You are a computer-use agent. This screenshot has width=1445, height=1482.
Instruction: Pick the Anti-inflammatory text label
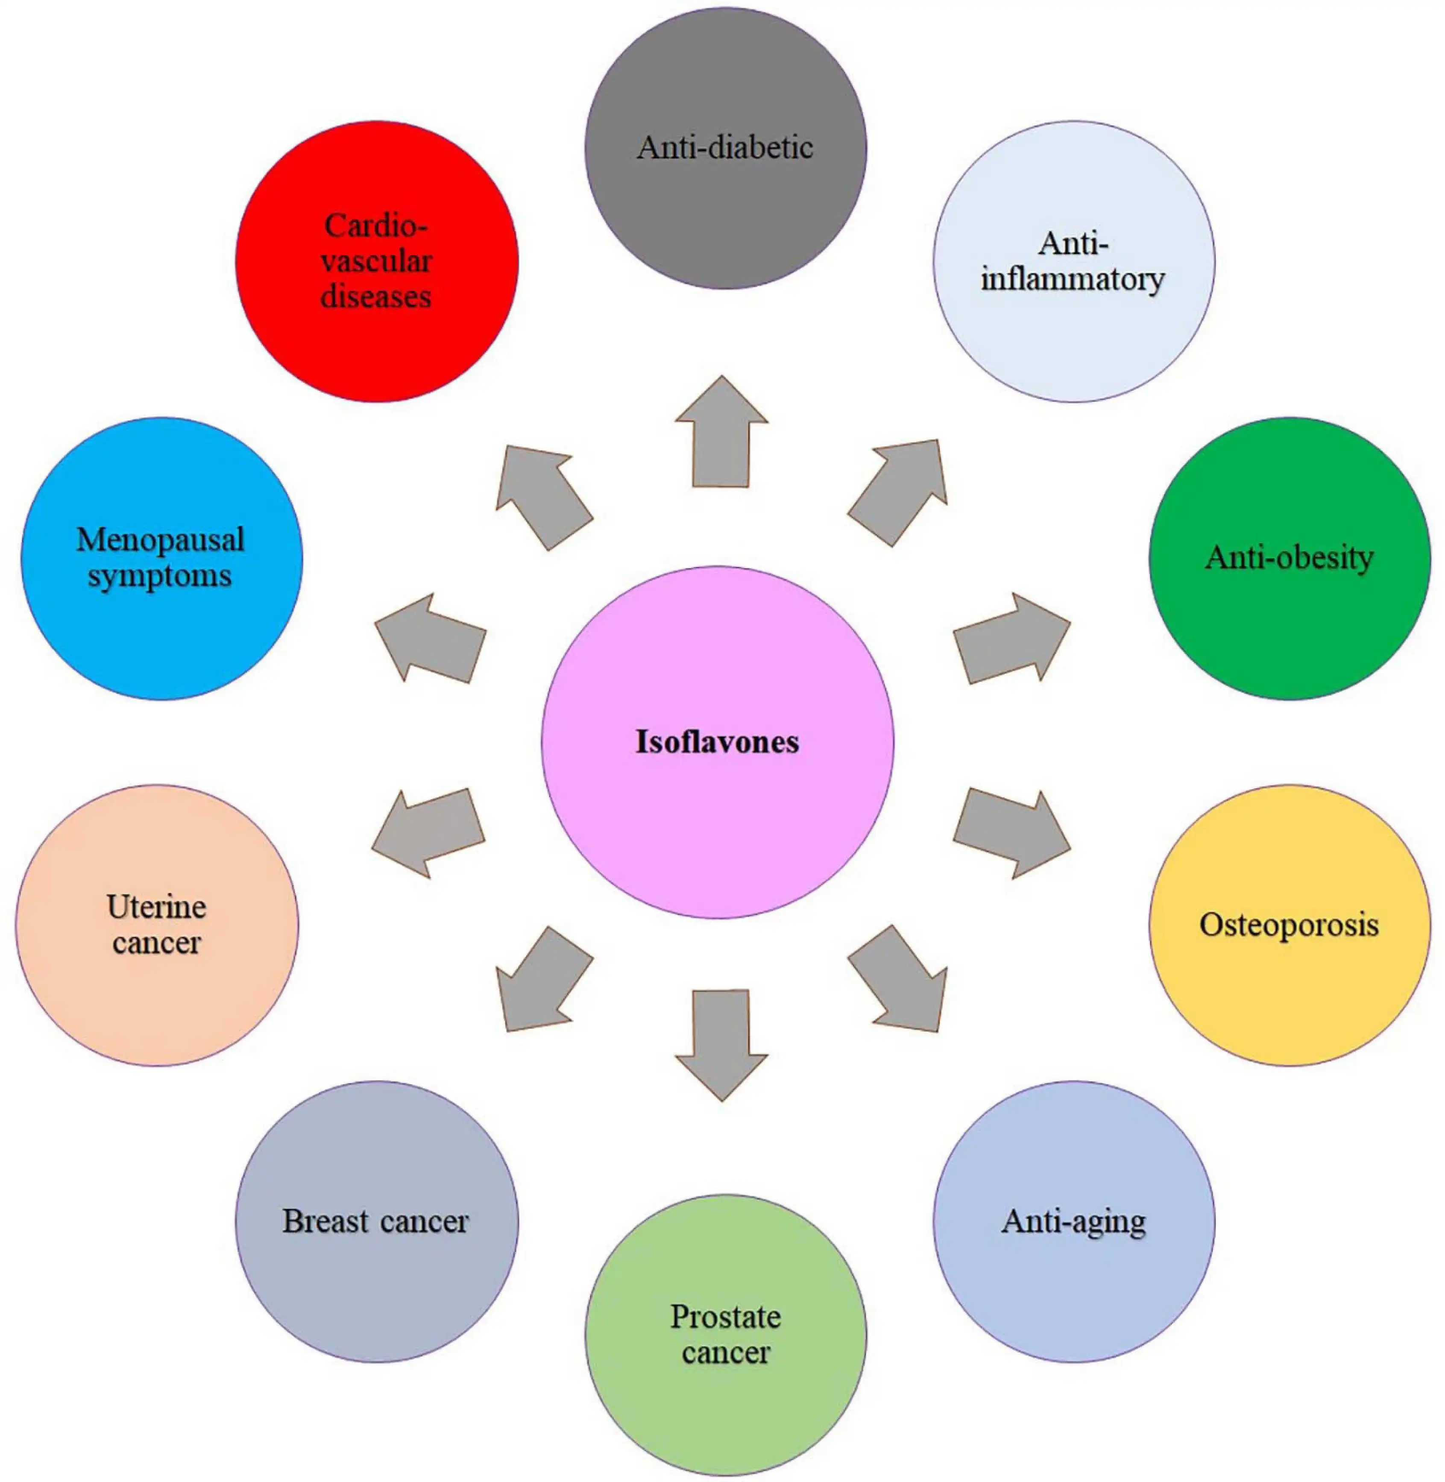[1073, 262]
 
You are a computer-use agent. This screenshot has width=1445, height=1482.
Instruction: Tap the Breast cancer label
[376, 1221]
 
